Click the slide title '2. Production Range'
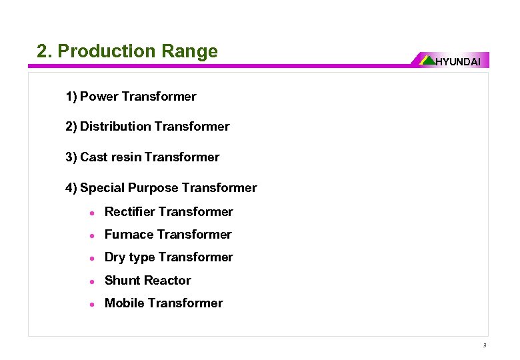click(x=127, y=51)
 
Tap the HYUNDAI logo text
click(x=457, y=62)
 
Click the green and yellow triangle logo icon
click(x=427, y=60)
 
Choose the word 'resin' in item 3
click(x=127, y=157)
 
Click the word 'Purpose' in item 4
click(x=153, y=188)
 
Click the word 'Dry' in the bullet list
click(x=115, y=257)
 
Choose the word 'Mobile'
click(x=125, y=303)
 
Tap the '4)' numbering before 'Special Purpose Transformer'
click(x=71, y=188)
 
